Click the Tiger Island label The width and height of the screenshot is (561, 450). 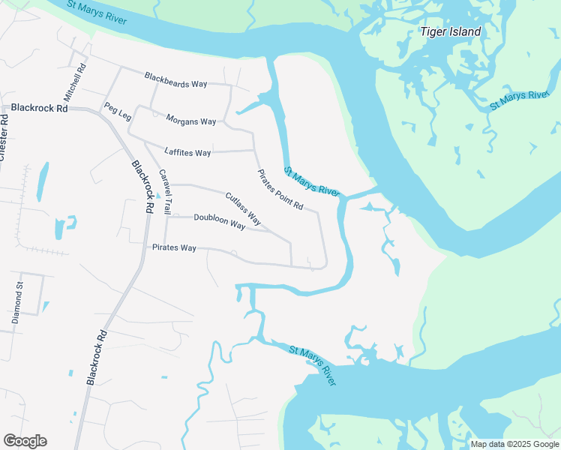pos(450,32)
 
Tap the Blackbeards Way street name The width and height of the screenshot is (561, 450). pos(175,79)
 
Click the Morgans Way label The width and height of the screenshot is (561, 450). pos(190,121)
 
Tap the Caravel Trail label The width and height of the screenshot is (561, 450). pos(165,192)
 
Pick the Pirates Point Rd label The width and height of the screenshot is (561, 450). pos(280,190)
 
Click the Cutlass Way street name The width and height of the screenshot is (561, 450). pos(243,209)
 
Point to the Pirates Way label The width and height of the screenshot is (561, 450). pos(174,247)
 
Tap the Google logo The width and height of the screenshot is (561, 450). pos(25,441)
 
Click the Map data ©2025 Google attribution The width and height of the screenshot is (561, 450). pos(514,444)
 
